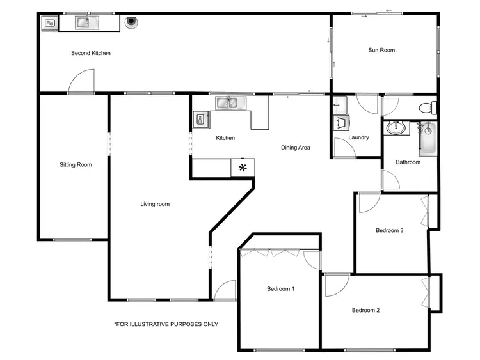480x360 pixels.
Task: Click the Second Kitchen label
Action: (x=90, y=53)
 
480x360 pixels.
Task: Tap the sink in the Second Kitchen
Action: (x=83, y=23)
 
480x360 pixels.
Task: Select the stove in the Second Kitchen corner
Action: (x=49, y=24)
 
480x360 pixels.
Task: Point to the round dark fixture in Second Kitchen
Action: (x=132, y=21)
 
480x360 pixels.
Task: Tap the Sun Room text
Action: (x=381, y=50)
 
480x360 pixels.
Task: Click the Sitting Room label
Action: (x=76, y=165)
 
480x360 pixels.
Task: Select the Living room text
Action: (x=155, y=204)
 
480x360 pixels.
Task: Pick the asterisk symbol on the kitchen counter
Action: (x=243, y=168)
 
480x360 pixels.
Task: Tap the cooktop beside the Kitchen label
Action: (x=200, y=118)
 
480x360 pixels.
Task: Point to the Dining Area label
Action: (x=296, y=148)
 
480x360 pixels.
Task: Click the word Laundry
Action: (x=358, y=137)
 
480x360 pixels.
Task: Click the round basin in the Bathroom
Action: (x=397, y=128)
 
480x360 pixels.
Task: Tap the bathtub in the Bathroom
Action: (x=427, y=138)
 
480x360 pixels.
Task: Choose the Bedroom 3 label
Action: (x=389, y=231)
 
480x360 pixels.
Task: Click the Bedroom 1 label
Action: (x=280, y=289)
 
